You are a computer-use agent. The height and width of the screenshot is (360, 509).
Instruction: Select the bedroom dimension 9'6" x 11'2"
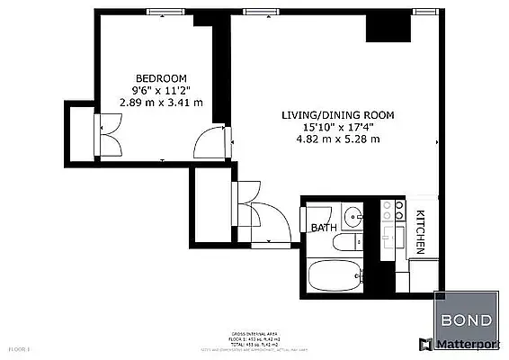pyautogui.click(x=161, y=90)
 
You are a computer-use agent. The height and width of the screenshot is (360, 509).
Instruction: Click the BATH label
pyautogui.click(x=323, y=229)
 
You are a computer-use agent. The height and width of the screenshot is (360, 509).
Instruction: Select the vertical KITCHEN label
pyautogui.click(x=420, y=232)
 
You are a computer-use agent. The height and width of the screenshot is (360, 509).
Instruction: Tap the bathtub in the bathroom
pyautogui.click(x=334, y=274)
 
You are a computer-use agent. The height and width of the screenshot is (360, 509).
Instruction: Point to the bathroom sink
pyautogui.click(x=353, y=215)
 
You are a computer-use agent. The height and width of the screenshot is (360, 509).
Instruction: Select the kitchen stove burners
pyautogui.click(x=392, y=210)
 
